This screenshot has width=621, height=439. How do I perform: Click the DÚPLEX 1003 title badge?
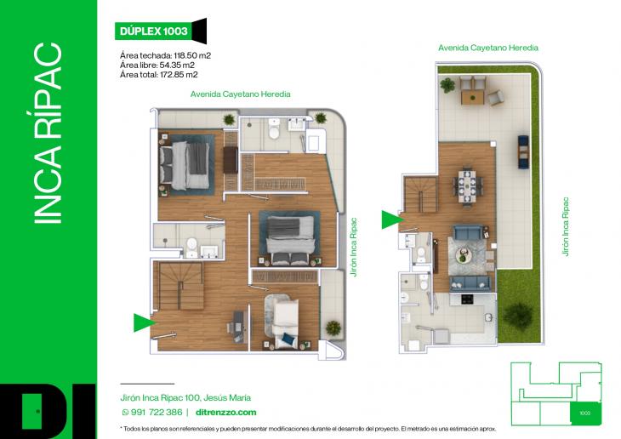click(x=150, y=31)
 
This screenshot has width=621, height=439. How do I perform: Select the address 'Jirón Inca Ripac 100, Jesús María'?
click(x=185, y=397)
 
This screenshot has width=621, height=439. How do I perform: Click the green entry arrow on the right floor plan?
click(x=391, y=219)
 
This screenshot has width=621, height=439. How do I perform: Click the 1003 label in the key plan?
click(x=584, y=413)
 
